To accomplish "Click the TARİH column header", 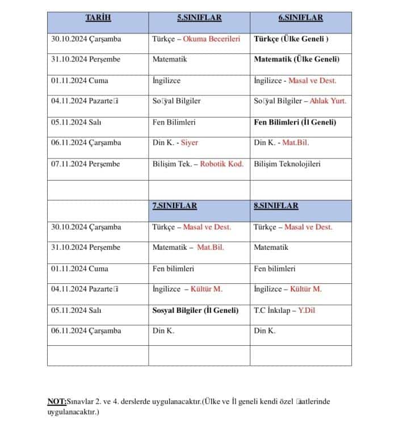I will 98,18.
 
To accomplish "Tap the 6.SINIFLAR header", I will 300,18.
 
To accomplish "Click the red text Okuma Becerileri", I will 213,39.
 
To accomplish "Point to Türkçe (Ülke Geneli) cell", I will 291,39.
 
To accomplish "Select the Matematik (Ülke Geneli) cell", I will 296,60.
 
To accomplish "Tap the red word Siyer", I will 189,143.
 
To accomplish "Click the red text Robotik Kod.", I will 221,164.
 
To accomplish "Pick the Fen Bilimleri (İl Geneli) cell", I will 295,122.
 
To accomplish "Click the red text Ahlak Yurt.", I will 328,102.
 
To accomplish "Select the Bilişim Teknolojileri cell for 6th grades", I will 287,164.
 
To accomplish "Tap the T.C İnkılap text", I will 271,310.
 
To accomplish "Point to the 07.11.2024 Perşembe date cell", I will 85,164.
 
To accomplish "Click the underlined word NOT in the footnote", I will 57,402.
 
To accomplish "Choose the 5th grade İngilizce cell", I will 166,81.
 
